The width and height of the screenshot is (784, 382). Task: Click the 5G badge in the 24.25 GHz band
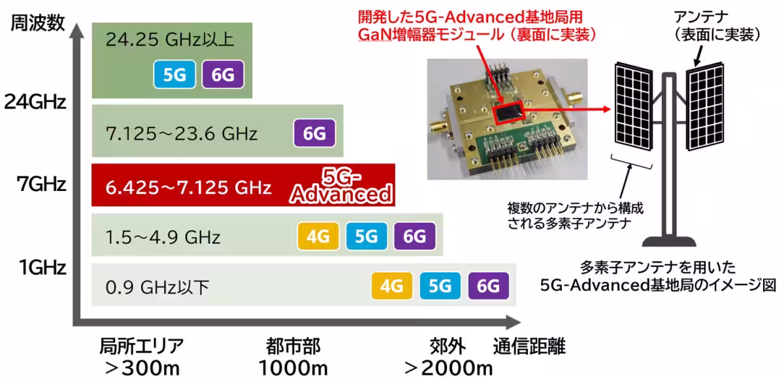(x=174, y=75)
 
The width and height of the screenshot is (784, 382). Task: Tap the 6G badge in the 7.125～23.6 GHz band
(x=314, y=133)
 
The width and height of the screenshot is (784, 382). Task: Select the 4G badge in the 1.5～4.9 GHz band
(x=318, y=236)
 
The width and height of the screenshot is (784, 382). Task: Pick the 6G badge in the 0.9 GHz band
(x=489, y=286)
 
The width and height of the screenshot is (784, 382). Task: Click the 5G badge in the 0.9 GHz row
(x=440, y=286)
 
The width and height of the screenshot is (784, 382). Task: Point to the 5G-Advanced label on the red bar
(x=341, y=186)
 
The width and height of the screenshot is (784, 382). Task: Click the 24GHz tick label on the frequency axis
(x=35, y=102)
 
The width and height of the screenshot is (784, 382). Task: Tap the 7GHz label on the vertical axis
(x=41, y=184)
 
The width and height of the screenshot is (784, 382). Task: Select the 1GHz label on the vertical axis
(x=42, y=268)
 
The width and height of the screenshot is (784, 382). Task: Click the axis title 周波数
(x=38, y=23)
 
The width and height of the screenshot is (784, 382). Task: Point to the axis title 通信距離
(x=529, y=346)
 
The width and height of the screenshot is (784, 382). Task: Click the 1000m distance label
(x=293, y=368)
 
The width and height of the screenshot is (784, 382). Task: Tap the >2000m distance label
(x=449, y=368)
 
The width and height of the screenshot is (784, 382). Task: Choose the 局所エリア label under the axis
(x=142, y=346)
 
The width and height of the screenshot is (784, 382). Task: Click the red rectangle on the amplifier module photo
(x=508, y=113)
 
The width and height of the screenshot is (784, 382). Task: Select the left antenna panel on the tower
(x=634, y=106)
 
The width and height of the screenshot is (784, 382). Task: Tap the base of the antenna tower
(x=669, y=242)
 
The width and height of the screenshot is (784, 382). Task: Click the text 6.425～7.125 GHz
(x=188, y=188)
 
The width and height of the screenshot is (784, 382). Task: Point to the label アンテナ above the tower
(x=701, y=17)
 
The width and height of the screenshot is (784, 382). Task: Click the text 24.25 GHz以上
(x=170, y=39)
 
